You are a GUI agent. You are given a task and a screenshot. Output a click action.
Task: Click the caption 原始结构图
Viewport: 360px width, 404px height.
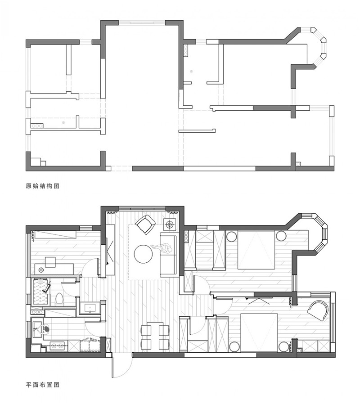[43, 186]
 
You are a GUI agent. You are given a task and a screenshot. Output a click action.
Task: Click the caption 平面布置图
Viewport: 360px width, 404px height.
[43, 385]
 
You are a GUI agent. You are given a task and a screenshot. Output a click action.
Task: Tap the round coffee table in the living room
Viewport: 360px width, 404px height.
[143, 254]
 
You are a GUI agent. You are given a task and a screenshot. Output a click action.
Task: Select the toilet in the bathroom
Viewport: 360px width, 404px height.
[59, 299]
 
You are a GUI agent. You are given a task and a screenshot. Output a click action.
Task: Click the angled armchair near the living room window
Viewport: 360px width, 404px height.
[146, 224]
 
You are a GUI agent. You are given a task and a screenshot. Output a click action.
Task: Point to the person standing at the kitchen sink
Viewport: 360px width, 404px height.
[43, 329]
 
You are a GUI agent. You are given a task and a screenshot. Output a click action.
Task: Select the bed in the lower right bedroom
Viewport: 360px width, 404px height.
[259, 332]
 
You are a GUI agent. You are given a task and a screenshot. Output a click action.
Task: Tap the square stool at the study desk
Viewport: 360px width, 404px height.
[50, 262]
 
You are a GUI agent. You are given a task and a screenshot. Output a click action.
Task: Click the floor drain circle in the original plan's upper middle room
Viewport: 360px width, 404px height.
[191, 72]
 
